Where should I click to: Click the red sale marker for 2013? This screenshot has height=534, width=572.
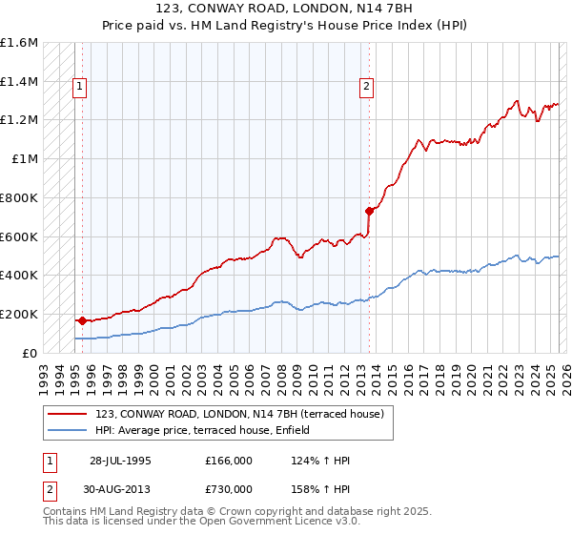click(369, 211)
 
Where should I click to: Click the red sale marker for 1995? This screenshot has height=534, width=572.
click(82, 320)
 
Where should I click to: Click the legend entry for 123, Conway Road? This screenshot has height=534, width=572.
click(239, 414)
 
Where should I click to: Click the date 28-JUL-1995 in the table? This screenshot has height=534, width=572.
click(120, 461)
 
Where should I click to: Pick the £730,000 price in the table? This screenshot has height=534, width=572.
click(229, 488)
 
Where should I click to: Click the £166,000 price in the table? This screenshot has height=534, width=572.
click(229, 461)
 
